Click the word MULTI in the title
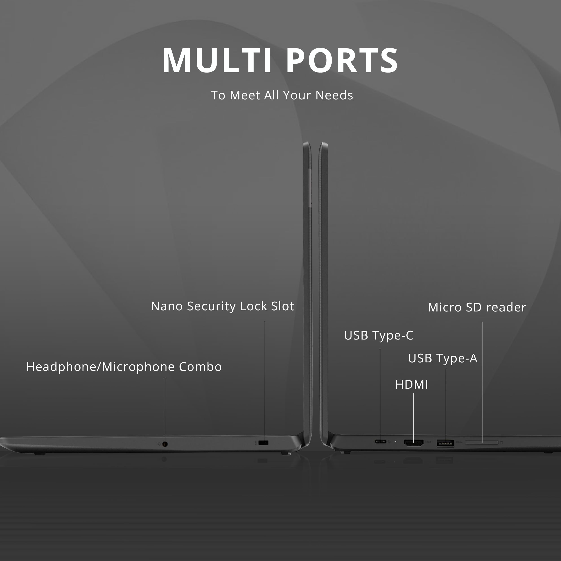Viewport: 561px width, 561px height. (x=217, y=60)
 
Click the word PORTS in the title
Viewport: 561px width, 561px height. (x=342, y=60)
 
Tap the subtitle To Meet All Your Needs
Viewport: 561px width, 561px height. (x=282, y=95)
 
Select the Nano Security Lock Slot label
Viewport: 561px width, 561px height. (x=222, y=306)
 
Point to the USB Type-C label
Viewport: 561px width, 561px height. (x=378, y=336)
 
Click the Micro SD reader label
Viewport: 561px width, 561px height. (x=477, y=307)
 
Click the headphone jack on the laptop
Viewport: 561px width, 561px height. (x=165, y=444)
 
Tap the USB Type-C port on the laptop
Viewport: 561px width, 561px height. (x=380, y=442)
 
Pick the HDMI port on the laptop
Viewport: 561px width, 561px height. (x=414, y=443)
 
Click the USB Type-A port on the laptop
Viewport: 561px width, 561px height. (x=445, y=443)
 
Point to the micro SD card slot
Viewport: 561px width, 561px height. (x=482, y=443)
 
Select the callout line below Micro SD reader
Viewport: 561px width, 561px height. (x=482, y=382)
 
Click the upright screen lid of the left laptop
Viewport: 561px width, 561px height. (x=307, y=293)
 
